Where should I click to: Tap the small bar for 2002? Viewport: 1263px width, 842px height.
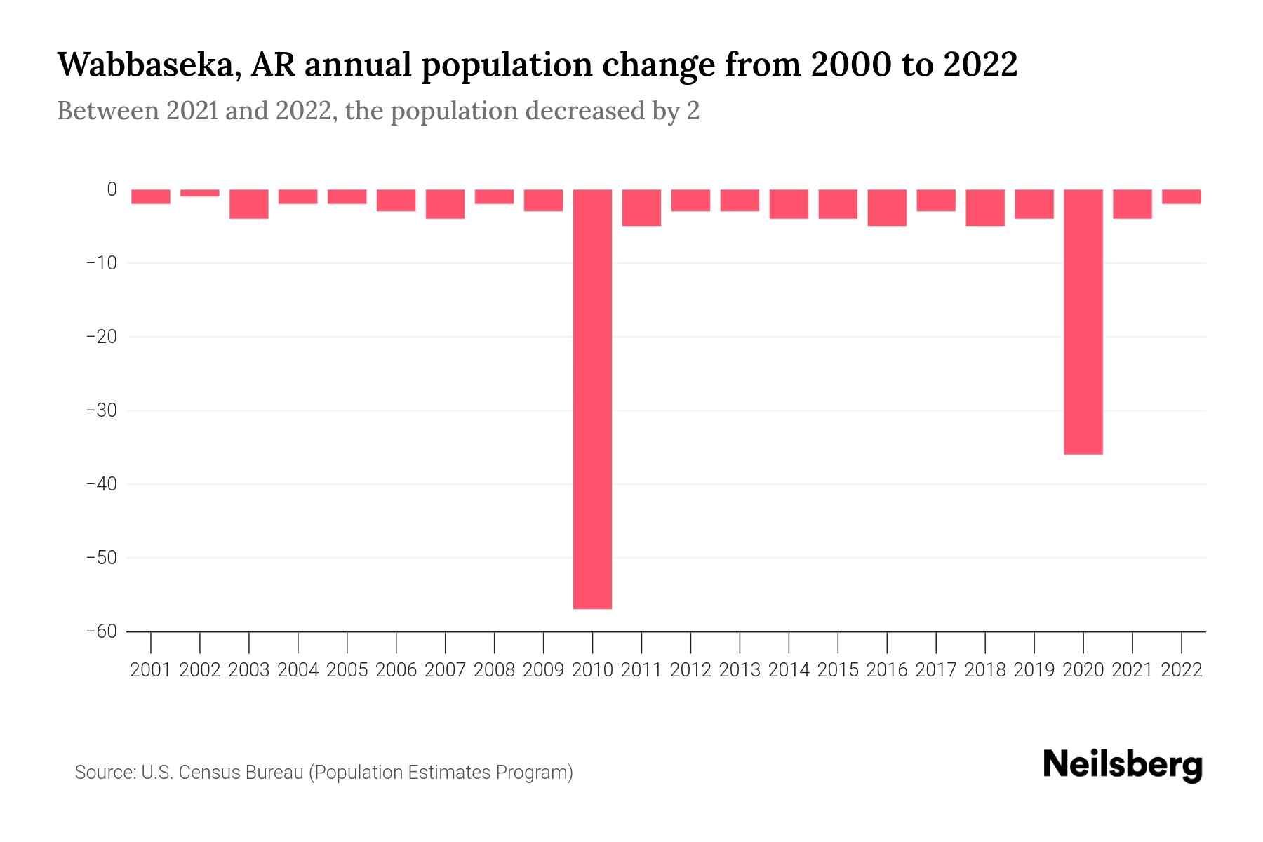coord(200,193)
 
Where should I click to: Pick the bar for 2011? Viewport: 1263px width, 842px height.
coord(641,208)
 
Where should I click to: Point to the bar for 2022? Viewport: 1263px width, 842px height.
coord(1182,196)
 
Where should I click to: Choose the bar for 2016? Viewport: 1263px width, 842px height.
coord(887,208)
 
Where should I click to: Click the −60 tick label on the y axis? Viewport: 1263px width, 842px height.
coord(102,631)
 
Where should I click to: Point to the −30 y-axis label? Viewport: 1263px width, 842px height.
coord(102,410)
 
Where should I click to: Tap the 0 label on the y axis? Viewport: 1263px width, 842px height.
coord(112,189)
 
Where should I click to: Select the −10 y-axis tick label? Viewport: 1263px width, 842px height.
coord(102,263)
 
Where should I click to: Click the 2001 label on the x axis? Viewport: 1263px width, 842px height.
coord(151,670)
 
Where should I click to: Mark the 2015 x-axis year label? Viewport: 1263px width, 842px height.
coord(838,670)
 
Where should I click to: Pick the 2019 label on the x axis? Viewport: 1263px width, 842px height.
coord(1034,670)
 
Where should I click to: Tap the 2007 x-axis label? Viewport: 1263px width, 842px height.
coord(445,670)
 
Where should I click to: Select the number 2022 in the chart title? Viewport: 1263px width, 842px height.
coord(980,65)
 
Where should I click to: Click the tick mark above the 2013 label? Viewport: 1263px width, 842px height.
coord(740,641)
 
